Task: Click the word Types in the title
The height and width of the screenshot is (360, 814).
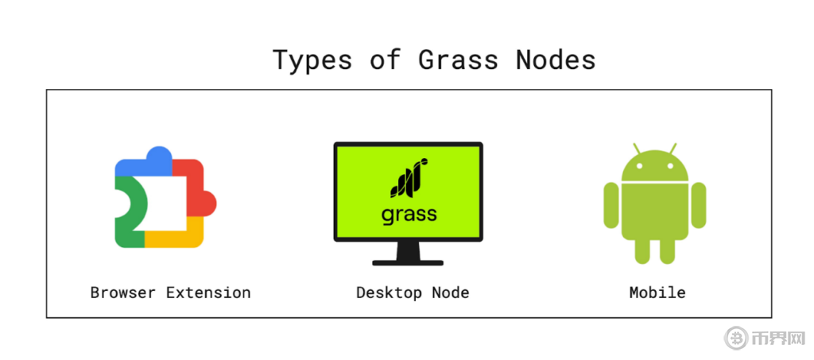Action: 312,60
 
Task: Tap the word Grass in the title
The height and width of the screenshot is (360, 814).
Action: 459,60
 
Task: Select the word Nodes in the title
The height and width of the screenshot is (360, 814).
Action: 556,60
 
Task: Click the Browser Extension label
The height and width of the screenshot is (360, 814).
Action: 170,292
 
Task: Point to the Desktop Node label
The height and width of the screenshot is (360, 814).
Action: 413,292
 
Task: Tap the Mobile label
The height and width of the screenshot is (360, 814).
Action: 657,292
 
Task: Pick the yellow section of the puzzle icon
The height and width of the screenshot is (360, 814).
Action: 175,236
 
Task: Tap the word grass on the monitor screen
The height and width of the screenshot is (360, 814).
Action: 409,214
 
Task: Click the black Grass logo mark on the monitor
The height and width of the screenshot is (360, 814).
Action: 409,177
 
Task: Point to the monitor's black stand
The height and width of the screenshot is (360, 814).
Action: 408,255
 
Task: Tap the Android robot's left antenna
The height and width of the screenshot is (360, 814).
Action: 638,149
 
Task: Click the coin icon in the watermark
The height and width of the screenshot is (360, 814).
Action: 736,338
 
